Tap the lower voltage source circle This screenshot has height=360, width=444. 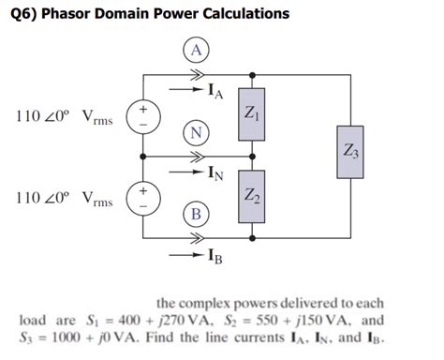point(143,199)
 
